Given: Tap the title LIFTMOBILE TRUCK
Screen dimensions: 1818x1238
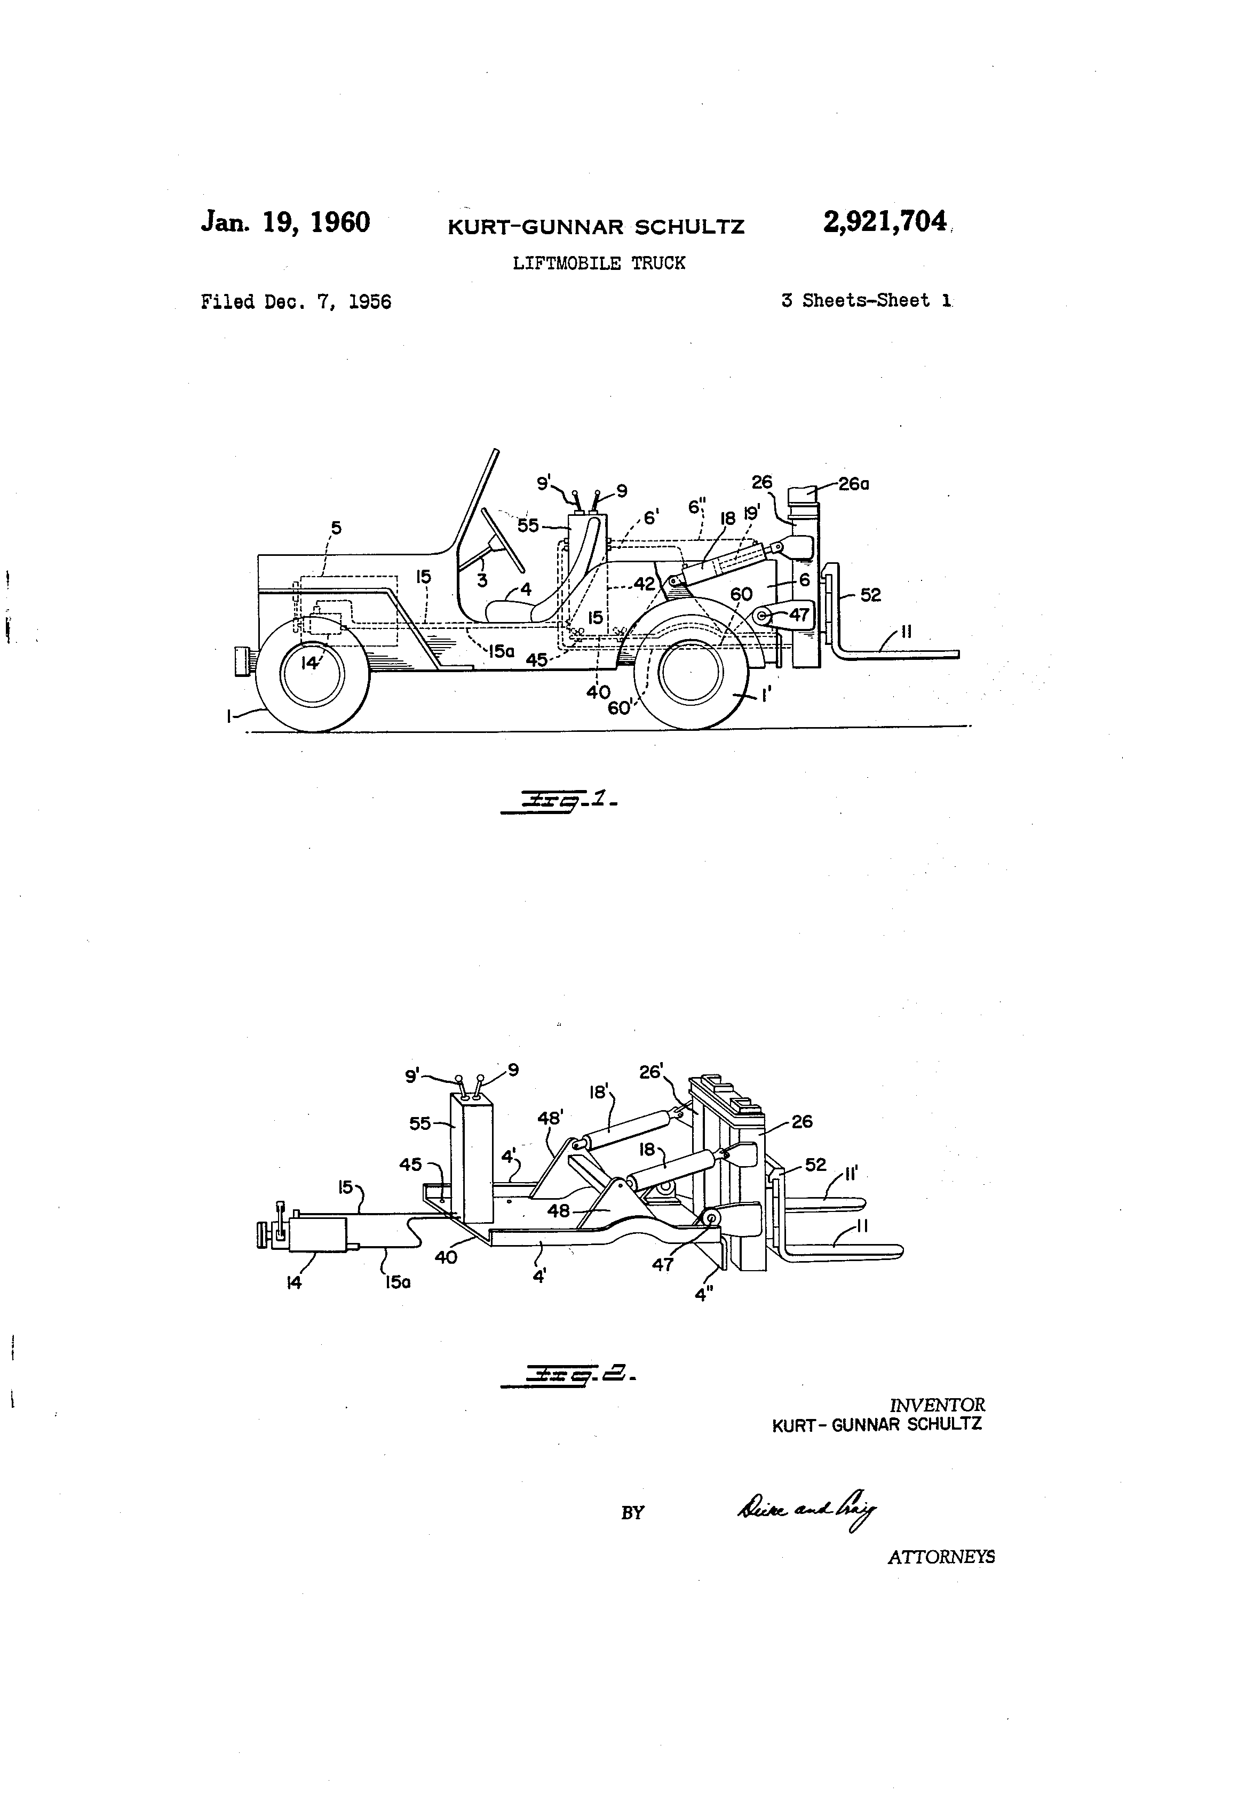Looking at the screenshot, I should [x=599, y=264].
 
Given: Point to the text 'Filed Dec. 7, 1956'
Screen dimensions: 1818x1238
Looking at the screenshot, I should [x=296, y=302].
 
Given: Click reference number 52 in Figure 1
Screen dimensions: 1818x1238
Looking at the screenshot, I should [x=870, y=595].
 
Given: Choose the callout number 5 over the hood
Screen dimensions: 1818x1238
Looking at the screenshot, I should [x=336, y=528].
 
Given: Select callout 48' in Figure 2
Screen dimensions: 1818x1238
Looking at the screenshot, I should [x=549, y=1119].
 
